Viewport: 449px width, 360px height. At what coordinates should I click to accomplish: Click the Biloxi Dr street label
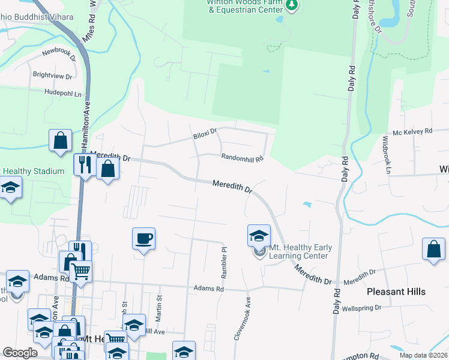click(204, 131)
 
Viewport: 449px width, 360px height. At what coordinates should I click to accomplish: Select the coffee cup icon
click(143, 239)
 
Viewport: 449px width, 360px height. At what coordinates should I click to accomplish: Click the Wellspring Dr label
click(364, 309)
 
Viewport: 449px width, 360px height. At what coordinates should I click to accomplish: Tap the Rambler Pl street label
click(224, 262)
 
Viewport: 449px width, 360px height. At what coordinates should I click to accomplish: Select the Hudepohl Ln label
click(62, 92)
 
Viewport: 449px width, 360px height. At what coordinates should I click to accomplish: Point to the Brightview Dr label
click(53, 76)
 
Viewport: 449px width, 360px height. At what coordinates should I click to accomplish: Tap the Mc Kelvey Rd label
click(412, 131)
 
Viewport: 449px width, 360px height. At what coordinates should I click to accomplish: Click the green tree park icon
click(291, 5)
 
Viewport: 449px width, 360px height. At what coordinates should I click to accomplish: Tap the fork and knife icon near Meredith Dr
click(82, 164)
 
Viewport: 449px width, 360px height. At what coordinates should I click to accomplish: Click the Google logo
click(20, 353)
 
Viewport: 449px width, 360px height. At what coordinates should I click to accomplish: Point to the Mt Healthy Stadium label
click(32, 172)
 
